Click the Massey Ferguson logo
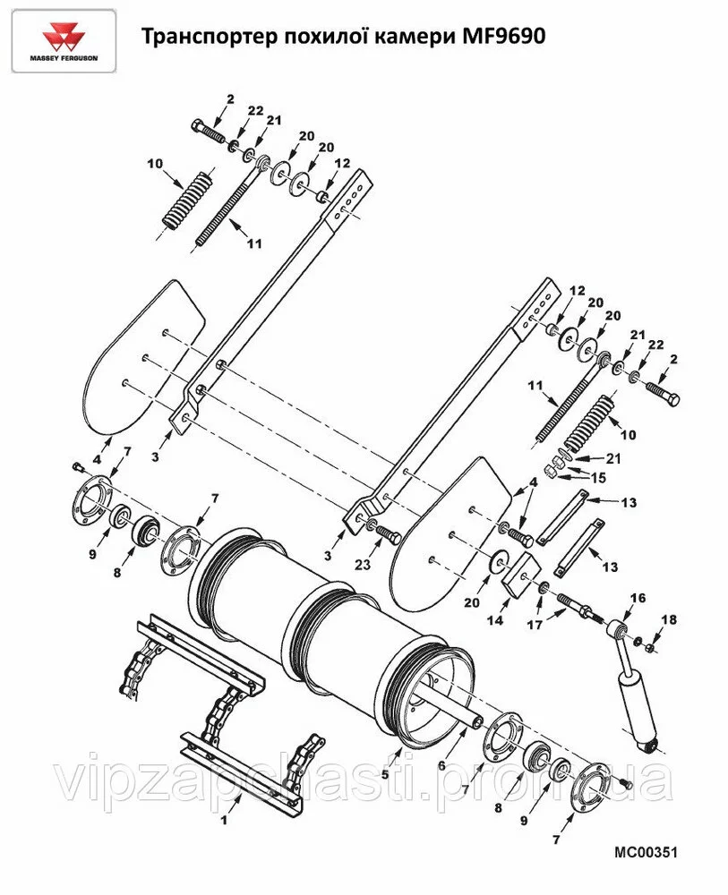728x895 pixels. click(64, 41)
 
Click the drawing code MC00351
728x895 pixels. click(646, 852)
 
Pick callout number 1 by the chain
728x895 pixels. click(225, 820)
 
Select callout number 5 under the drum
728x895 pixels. click(385, 774)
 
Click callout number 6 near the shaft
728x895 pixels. click(441, 766)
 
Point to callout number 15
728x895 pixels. click(598, 478)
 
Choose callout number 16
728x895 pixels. click(638, 598)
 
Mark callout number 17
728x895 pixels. click(535, 625)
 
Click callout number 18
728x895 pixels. click(669, 619)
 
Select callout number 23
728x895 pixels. click(364, 565)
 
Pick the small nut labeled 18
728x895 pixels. click(649, 647)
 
